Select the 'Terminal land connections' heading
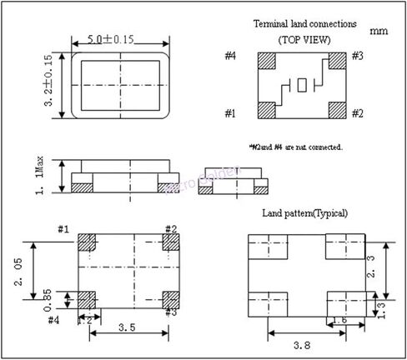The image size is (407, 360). [x=304, y=25]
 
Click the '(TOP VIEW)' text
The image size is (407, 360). [x=304, y=40]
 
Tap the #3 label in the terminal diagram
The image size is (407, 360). [x=357, y=56]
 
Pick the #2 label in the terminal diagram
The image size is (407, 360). [x=357, y=113]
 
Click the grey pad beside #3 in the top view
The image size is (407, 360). [x=337, y=62]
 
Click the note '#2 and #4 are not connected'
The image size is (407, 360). [x=295, y=147]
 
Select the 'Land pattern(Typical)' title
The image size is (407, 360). [x=304, y=213]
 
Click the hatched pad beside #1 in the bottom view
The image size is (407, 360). [x=88, y=242]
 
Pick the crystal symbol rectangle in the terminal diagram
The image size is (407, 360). [x=303, y=85]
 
